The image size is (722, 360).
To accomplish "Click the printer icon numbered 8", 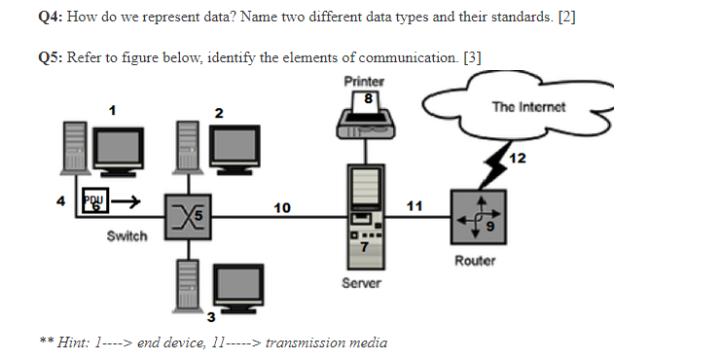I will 363,116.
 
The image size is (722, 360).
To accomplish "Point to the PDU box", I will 96,201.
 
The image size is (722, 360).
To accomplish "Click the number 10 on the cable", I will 281,207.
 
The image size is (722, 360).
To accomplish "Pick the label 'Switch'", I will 126,236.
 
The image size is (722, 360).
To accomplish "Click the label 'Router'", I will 475,261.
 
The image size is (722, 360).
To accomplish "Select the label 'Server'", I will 362,283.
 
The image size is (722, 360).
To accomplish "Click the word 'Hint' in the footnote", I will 74,342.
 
